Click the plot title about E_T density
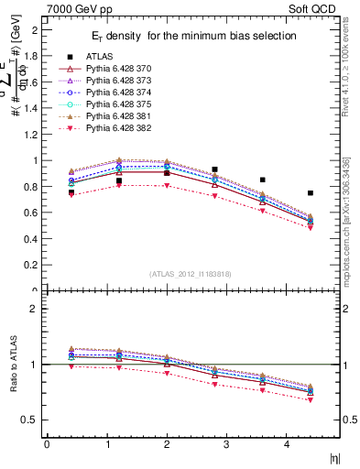pos(191,36)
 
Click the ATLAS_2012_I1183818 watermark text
pos(191,274)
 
